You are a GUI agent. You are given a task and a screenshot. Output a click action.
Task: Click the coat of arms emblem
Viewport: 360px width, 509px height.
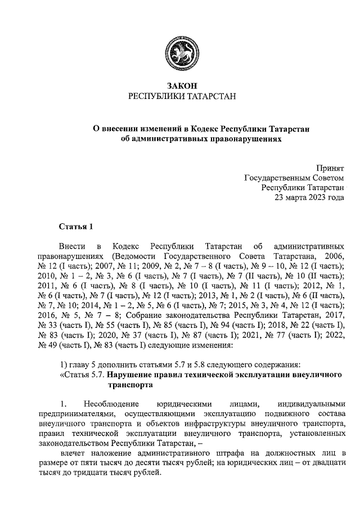coord(180,52)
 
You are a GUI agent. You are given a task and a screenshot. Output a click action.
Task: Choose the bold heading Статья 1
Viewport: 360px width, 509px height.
coord(75,227)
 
